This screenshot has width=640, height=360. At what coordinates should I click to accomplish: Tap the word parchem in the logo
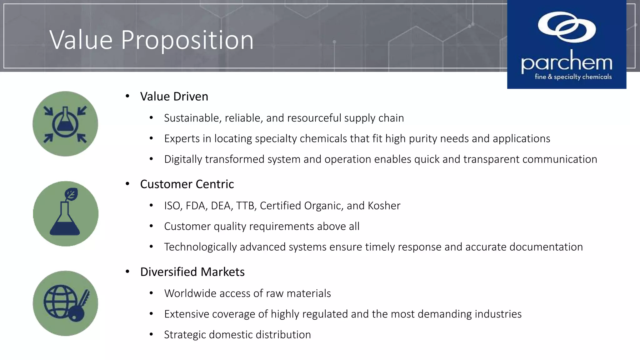[566, 62]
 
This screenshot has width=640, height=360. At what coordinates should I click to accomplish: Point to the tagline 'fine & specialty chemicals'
[573, 77]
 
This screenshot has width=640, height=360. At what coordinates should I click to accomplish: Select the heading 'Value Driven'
[174, 97]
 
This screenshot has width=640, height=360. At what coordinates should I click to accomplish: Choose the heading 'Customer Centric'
[187, 184]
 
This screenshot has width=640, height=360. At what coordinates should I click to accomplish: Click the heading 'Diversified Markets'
[192, 272]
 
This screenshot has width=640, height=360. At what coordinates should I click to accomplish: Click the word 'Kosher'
[384, 206]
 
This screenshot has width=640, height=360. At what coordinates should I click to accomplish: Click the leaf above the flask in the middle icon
[71, 194]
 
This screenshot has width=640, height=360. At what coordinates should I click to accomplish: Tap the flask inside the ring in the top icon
[65, 120]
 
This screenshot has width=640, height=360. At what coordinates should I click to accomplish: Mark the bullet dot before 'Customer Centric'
[127, 184]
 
